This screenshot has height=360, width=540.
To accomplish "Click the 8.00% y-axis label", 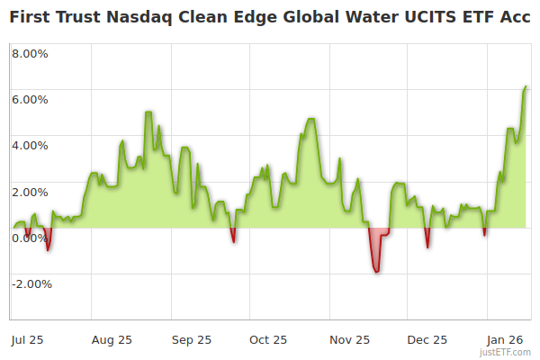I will click(x=31, y=52).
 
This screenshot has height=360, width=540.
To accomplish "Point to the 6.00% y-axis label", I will click(x=31, y=99).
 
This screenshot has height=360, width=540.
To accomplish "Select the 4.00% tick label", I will click(x=31, y=145).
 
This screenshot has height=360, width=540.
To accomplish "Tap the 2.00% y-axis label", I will click(x=31, y=192).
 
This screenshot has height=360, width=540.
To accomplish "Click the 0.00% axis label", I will click(x=31, y=238).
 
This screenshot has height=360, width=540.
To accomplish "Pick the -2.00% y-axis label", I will click(x=31, y=284).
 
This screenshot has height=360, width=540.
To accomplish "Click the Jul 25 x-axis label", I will click(x=28, y=340).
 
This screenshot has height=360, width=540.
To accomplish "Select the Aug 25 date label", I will click(x=112, y=340).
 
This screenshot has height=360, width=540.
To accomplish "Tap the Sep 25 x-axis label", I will click(x=191, y=340).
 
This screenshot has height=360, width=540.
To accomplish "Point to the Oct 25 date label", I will click(x=268, y=340).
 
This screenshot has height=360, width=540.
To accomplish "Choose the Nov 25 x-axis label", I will click(x=349, y=340).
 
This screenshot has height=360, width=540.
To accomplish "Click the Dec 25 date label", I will click(x=427, y=340).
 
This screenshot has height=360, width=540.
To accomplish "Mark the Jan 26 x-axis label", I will click(x=507, y=340).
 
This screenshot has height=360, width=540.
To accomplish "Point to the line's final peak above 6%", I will click(x=525, y=87).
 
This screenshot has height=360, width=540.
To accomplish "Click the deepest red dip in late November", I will click(x=376, y=271).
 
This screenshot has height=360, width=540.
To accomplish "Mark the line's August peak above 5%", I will click(x=148, y=112).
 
